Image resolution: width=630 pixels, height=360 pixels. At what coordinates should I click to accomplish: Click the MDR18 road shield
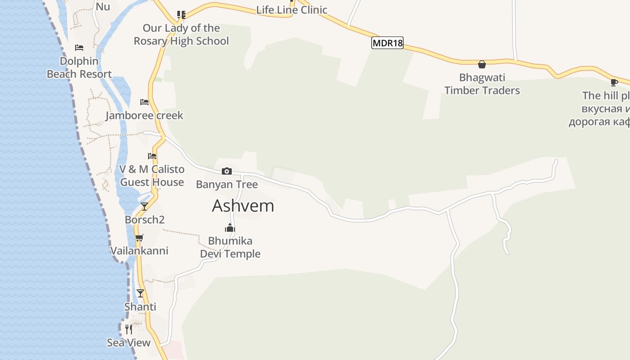tap(387, 43)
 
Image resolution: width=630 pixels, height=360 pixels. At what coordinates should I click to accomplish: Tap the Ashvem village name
tap(243, 206)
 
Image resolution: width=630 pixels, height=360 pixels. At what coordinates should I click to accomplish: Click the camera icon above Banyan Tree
tap(227, 171)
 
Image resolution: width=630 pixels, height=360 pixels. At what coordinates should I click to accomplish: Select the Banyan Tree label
tap(227, 184)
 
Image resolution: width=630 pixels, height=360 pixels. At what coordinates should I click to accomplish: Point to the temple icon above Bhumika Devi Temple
tap(230, 228)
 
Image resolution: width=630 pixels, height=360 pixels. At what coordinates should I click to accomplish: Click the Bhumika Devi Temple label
tap(230, 247)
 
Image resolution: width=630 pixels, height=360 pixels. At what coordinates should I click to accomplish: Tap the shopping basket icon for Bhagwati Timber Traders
tap(482, 64)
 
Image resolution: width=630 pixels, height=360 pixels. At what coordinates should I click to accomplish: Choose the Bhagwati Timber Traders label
tap(482, 84)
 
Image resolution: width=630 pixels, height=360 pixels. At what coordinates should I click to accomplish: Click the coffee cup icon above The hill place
tap(614, 82)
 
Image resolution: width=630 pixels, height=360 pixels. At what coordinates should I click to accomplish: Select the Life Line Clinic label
tap(292, 10)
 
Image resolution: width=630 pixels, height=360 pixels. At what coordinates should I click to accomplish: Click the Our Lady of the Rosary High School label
tap(181, 35)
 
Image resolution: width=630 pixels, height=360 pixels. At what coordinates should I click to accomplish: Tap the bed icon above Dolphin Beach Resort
tap(79, 48)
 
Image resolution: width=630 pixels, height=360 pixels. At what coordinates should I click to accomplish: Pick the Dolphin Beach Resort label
tap(79, 67)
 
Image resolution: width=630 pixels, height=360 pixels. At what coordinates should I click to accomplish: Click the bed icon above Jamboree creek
tap(144, 102)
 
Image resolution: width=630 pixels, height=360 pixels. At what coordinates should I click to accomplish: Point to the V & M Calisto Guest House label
tap(152, 175)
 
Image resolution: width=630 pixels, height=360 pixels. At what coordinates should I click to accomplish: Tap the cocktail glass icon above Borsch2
tap(144, 207)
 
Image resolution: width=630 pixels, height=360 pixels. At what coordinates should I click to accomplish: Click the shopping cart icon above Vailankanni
tap(139, 238)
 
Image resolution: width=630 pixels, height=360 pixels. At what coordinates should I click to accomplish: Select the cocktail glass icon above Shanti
tap(140, 293)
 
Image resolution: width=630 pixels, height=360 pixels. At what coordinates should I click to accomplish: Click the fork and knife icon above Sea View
tap(129, 329)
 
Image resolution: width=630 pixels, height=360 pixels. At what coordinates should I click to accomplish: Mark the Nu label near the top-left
tap(103, 7)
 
